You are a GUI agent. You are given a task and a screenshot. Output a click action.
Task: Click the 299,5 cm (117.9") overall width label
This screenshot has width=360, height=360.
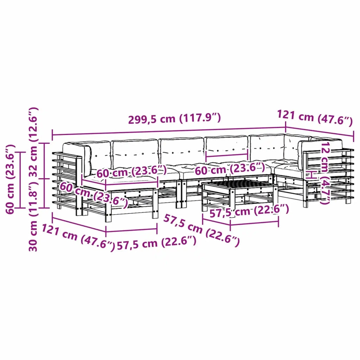(x=174, y=118)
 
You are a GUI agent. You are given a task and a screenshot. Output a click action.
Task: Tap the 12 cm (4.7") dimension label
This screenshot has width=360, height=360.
(x=326, y=173)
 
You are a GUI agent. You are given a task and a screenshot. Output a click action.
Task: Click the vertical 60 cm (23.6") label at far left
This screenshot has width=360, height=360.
(x=10, y=179)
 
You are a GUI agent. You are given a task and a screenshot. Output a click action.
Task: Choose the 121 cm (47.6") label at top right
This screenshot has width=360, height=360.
(x=315, y=117)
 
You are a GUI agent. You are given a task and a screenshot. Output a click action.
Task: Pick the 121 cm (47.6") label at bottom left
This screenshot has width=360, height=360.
(x=78, y=238)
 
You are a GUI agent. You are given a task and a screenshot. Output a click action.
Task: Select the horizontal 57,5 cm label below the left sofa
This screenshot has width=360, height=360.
(x=156, y=243)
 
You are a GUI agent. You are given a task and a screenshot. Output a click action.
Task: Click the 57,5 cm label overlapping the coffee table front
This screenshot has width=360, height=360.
(x=249, y=211)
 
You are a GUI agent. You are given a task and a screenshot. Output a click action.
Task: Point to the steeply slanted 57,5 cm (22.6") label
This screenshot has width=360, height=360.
(x=201, y=231)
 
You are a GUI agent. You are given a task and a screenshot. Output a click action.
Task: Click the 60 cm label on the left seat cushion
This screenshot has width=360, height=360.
(x=131, y=172)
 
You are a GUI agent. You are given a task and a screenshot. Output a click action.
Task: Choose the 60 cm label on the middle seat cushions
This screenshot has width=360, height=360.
(x=230, y=169)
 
